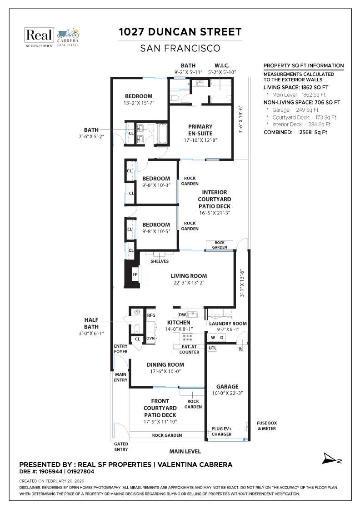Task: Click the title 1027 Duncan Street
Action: click(180, 32)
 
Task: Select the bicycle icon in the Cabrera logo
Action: click(67, 33)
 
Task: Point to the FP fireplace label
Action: click(135, 274)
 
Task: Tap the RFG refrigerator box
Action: click(151, 314)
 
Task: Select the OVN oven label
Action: click(151, 338)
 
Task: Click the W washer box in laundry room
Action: click(212, 338)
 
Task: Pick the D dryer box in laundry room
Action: click(222, 338)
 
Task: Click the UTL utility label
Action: click(212, 348)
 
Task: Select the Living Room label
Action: click(189, 276)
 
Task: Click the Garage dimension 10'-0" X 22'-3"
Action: click(228, 393)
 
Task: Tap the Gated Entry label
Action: click(121, 447)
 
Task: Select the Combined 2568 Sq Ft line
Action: click(295, 133)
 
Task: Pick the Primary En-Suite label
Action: click(200, 130)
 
